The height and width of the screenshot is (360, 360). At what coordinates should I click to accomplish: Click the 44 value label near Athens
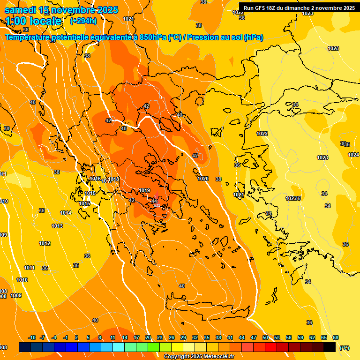click(155, 201)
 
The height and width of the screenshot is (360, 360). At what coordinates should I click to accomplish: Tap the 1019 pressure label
click(144, 190)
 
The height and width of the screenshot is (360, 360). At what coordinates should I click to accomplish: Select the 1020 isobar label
click(203, 179)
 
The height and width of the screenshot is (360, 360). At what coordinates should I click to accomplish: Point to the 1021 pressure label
click(238, 195)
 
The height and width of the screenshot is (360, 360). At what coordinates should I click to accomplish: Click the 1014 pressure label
click(66, 213)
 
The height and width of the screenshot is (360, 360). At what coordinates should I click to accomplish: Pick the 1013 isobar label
click(57, 226)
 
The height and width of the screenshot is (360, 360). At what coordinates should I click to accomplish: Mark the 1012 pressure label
click(45, 243)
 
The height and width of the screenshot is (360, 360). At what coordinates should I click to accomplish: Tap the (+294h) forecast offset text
click(83, 21)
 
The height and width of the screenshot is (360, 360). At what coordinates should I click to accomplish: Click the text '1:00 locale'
click(34, 21)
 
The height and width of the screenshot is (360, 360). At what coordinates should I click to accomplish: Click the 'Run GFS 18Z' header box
click(299, 7)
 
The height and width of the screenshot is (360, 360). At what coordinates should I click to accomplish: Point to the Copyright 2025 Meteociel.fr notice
click(198, 357)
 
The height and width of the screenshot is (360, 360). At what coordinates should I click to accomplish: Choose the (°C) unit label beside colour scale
click(344, 347)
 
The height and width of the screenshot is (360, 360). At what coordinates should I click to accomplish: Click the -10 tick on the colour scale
click(32, 337)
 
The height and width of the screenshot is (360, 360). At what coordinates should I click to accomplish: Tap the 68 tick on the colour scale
click(336, 337)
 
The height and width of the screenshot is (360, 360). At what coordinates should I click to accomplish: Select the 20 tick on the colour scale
click(148, 337)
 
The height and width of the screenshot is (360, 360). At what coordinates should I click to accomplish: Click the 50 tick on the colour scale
click(265, 337)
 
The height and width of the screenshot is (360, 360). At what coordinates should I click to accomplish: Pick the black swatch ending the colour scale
click(330, 347)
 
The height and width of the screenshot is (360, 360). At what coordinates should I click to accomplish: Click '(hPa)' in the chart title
click(254, 37)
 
